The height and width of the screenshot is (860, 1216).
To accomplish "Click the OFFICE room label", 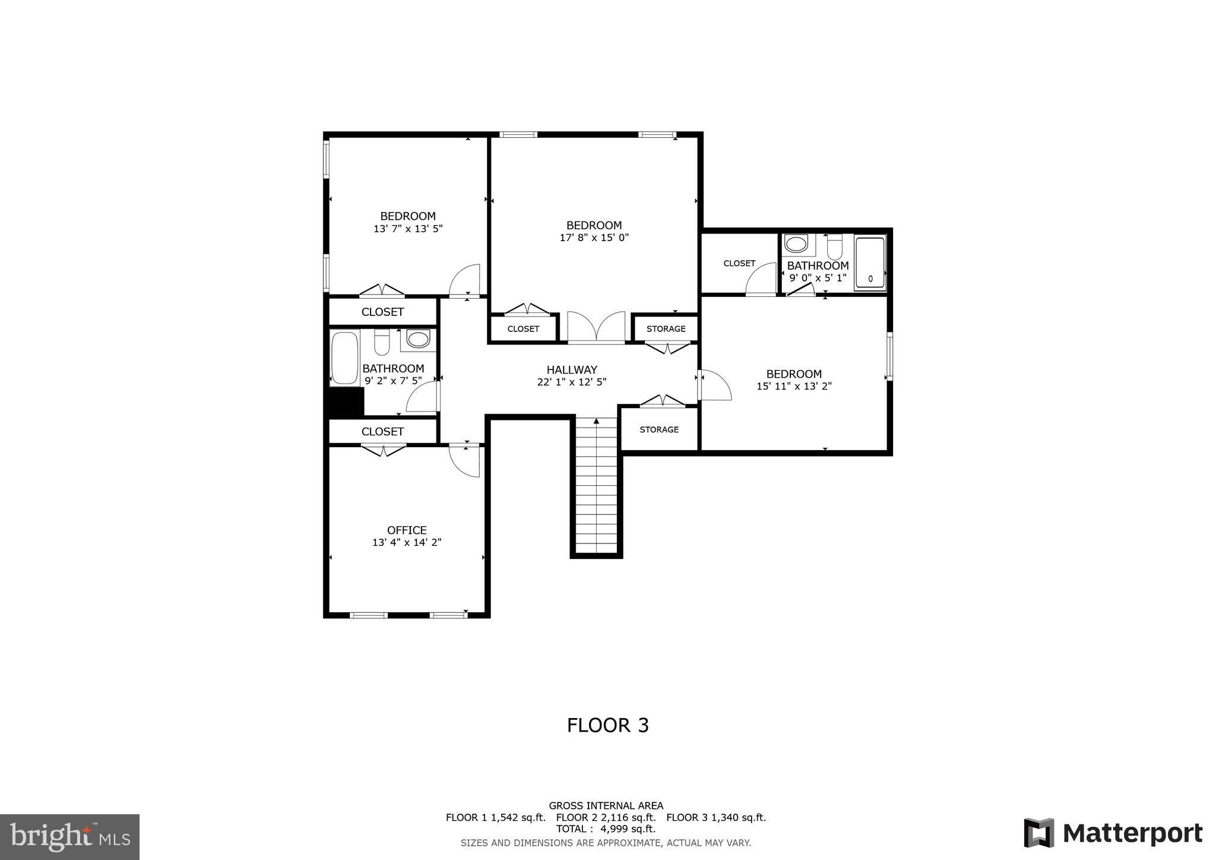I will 407,530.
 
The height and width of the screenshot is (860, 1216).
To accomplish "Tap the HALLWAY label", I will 572,369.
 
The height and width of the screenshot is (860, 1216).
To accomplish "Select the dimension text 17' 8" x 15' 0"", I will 594,238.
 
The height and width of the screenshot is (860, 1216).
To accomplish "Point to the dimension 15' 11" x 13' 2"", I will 794,386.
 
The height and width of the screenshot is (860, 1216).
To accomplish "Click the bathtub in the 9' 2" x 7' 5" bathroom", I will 344,358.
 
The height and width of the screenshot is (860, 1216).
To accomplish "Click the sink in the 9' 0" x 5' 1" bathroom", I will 796,244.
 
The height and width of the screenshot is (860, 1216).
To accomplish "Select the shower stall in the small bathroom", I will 870,263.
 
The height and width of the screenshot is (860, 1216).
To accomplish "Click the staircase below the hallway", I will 597,487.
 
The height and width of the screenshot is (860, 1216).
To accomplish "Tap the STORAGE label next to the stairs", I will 659,429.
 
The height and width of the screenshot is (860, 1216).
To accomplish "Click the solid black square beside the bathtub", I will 346,402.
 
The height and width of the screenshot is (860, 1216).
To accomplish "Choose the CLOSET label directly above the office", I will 382,432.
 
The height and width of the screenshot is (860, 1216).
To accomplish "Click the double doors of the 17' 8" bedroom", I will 596,327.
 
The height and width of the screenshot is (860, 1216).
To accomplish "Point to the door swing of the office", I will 465,460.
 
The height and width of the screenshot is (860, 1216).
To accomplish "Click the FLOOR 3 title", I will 607,725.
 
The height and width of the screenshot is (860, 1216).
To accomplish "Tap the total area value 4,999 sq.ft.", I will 628,829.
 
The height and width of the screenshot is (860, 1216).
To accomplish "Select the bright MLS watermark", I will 69,837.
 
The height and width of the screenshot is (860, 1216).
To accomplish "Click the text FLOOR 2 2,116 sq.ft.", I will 606,817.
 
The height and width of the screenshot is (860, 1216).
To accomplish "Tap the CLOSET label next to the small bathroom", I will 739,263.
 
